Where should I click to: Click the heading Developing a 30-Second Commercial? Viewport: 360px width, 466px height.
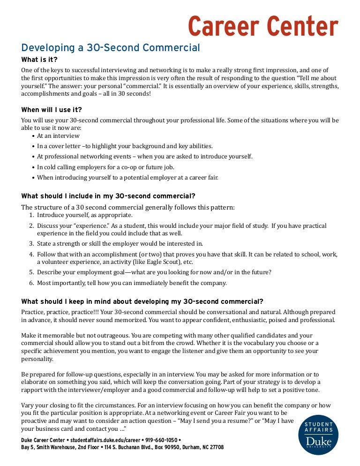click(x=111, y=48)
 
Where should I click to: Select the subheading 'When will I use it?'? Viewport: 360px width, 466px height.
click(x=52, y=110)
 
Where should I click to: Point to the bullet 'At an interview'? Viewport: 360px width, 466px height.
click(x=58, y=135)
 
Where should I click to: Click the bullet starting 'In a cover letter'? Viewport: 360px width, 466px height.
click(x=125, y=146)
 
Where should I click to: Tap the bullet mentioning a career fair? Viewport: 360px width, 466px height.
click(x=127, y=177)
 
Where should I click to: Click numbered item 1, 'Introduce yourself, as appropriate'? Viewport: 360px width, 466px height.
click(x=84, y=215)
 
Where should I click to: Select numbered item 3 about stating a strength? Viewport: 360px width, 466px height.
click(x=120, y=243)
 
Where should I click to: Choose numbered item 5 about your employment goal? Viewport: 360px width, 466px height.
click(x=154, y=272)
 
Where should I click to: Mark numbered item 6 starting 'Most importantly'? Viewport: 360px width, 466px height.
click(x=132, y=283)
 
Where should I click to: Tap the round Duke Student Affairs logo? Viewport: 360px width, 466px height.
click(x=318, y=435)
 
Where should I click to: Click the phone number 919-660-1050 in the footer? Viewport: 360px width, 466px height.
click(x=162, y=440)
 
